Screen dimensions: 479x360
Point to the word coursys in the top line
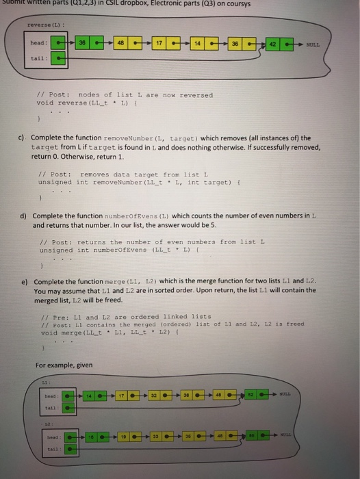pos(235,4)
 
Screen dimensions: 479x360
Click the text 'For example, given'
pos(65,365)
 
